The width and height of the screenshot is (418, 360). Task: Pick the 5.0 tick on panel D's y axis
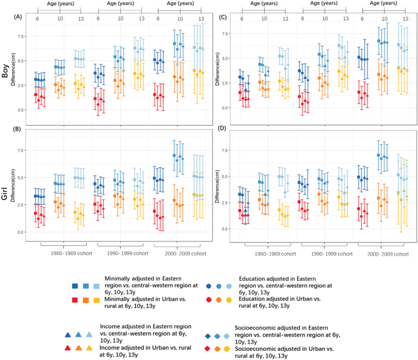pyautogui.click(x=223, y=176)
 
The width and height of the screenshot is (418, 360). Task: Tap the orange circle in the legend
pyautogui.click(x=218, y=301)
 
